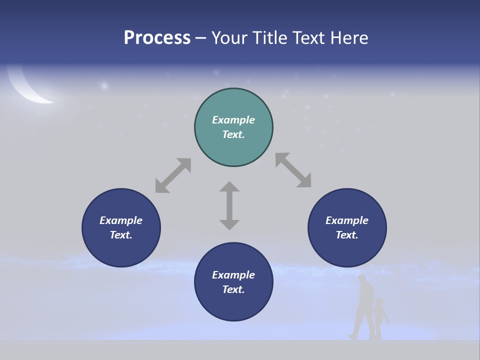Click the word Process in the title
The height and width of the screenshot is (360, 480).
point(157,38)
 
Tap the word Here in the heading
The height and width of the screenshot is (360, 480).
point(349,38)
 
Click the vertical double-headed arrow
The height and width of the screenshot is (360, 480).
point(229,205)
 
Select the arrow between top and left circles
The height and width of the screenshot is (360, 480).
point(173,175)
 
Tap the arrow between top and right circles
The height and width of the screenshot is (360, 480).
point(293,170)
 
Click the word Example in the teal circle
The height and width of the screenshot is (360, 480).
point(233,120)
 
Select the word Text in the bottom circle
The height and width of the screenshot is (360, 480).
point(233,289)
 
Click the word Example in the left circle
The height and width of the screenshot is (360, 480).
point(121,220)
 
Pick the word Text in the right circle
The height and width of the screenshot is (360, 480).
point(347,235)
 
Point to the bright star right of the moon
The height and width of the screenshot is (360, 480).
point(104,86)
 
